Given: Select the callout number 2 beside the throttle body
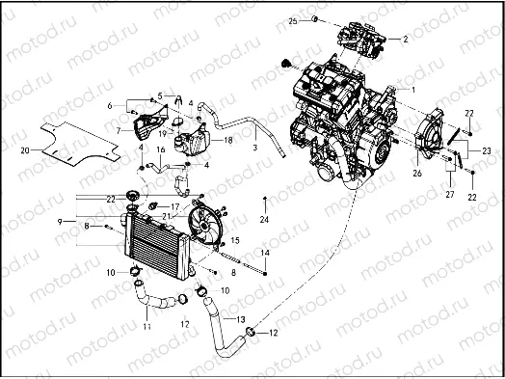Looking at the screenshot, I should pos(405,40).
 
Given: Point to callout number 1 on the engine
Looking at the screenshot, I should pos(413,88).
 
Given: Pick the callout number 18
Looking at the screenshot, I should pos(228,140).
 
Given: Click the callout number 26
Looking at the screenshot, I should pos(417,174).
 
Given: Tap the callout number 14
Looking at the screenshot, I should pos(266,252).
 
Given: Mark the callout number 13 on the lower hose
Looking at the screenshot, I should pos(241,318).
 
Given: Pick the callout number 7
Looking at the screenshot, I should pos(118,129).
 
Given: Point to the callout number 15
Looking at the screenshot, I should pos(235,236).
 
